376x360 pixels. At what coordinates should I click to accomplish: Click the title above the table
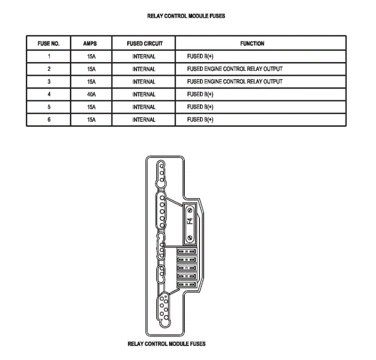(186, 16)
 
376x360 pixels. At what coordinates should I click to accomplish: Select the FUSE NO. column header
(48, 44)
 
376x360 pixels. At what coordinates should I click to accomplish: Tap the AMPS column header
(91, 44)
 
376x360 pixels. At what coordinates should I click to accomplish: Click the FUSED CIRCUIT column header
(145, 44)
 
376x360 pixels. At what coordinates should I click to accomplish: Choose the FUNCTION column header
(252, 44)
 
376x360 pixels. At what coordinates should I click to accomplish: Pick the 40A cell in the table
(91, 95)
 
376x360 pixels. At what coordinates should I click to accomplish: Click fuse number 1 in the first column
(49, 57)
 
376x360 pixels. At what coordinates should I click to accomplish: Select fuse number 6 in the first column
(49, 120)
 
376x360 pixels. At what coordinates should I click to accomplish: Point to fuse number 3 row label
(49, 82)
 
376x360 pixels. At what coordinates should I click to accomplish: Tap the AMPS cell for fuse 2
(91, 69)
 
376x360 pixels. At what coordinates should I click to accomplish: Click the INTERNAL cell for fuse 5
(144, 107)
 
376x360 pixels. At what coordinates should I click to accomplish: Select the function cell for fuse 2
(235, 69)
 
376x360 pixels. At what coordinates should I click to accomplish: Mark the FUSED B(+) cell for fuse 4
(200, 95)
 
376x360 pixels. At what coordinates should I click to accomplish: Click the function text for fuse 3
(235, 82)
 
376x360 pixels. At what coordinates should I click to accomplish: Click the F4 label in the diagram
(190, 223)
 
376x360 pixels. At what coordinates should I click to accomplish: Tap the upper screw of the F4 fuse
(190, 210)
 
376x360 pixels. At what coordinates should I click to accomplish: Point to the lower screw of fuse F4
(190, 237)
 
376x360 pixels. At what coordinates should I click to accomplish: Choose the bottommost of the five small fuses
(186, 285)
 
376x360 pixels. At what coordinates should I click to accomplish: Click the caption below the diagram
(167, 344)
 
